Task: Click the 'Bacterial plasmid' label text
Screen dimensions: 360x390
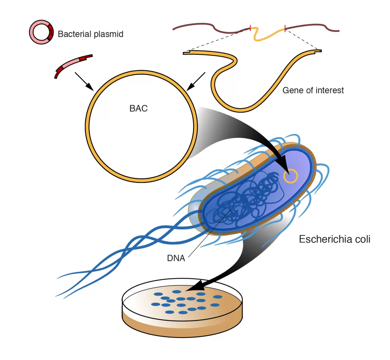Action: (x=90, y=34)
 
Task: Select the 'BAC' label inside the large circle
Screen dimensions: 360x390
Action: (x=138, y=108)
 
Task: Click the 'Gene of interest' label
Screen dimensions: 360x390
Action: (x=313, y=91)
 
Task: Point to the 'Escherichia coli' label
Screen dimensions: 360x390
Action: (x=334, y=239)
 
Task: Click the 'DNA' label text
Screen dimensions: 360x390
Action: (x=176, y=258)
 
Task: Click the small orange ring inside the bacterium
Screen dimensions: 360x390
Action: (x=291, y=176)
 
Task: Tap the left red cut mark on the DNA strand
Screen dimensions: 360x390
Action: (x=250, y=27)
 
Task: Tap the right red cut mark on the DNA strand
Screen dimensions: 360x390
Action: (x=285, y=27)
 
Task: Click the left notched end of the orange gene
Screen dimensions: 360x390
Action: (x=186, y=53)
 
